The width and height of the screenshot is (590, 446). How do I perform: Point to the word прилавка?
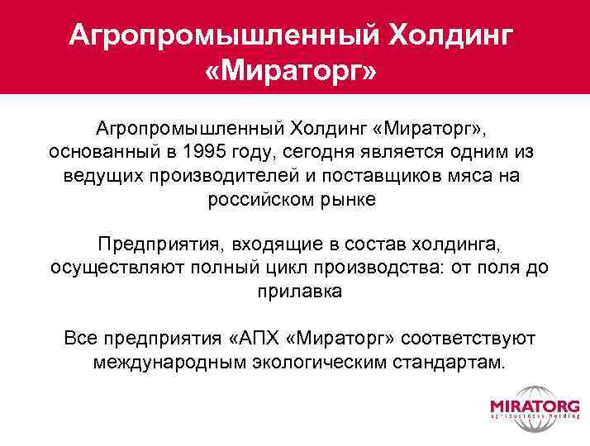point(295,292)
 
